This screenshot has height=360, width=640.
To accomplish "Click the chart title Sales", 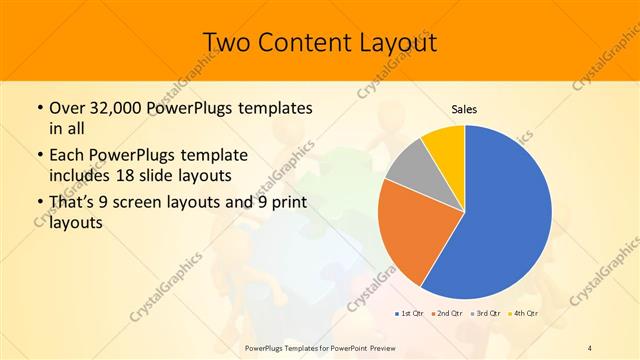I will (x=464, y=108).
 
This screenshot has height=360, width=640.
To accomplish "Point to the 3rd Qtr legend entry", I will (x=488, y=313).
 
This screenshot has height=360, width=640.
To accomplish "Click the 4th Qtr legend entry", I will (x=526, y=313).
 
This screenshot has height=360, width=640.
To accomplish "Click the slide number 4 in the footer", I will (x=590, y=347).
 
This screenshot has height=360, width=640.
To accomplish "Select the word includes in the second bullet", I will (x=80, y=176).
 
